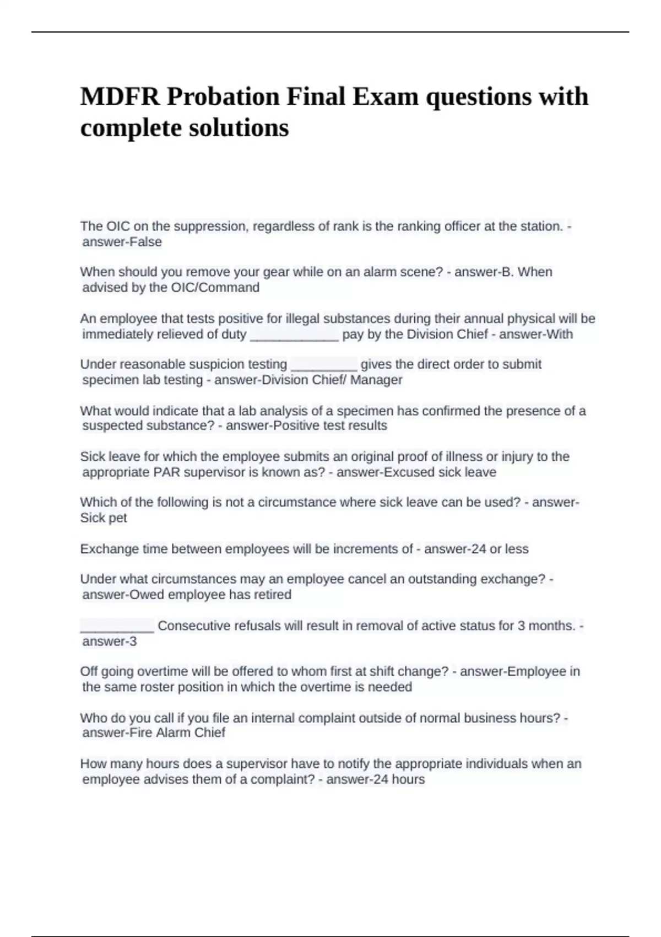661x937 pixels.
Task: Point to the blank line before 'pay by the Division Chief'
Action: coord(294,335)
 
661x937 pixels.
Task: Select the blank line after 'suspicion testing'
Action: coord(324,365)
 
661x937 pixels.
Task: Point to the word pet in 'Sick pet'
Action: coord(118,518)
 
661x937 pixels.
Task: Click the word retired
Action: coord(272,595)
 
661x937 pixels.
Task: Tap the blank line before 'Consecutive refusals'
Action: coord(117,627)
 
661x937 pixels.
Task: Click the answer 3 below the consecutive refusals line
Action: coord(133,642)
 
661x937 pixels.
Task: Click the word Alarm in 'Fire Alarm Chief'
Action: coord(175,733)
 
